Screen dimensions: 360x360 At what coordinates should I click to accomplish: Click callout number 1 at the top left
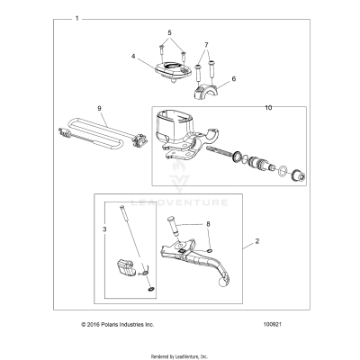tap(77, 18)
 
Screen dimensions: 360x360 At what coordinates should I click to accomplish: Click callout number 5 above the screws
tap(168, 32)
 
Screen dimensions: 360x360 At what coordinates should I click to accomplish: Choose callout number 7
tap(205, 44)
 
